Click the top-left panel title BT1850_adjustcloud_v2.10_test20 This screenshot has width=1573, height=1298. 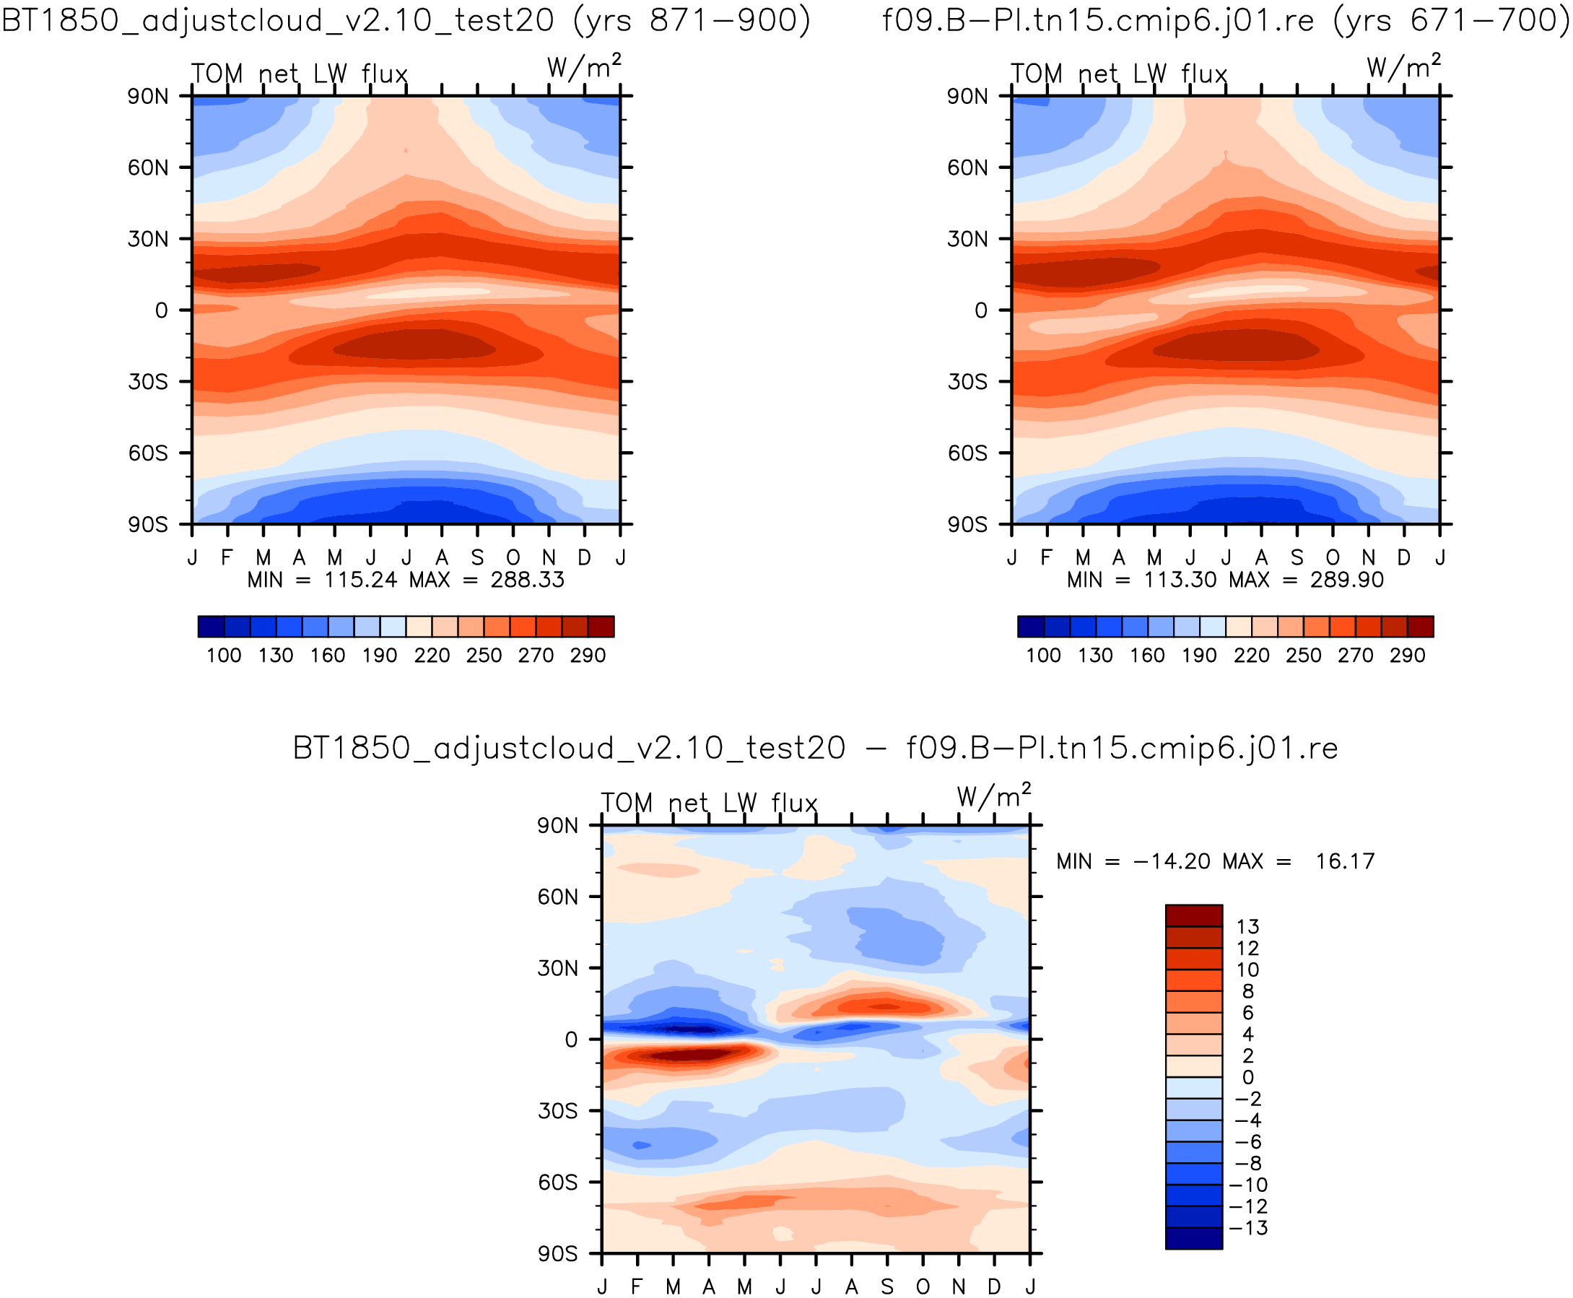[277, 20]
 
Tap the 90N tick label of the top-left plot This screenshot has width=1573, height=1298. [147, 97]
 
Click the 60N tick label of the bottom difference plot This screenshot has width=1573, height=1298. [557, 897]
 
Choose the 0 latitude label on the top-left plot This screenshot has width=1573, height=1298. [162, 310]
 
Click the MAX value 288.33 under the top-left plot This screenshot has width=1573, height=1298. [527, 580]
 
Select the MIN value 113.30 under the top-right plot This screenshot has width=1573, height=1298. [1180, 580]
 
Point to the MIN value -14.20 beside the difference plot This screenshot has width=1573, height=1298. [1172, 861]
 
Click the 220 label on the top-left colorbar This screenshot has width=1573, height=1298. [432, 655]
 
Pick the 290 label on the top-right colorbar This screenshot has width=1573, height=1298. [1407, 655]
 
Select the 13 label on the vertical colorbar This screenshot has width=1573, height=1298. [1247, 927]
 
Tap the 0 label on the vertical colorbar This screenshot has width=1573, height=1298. [1247, 1077]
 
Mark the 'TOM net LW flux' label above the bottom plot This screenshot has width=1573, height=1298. [709, 803]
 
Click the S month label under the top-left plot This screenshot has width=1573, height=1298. [477, 558]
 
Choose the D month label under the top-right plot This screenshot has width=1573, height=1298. [1403, 558]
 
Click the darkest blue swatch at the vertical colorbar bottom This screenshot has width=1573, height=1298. [1193, 1238]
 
